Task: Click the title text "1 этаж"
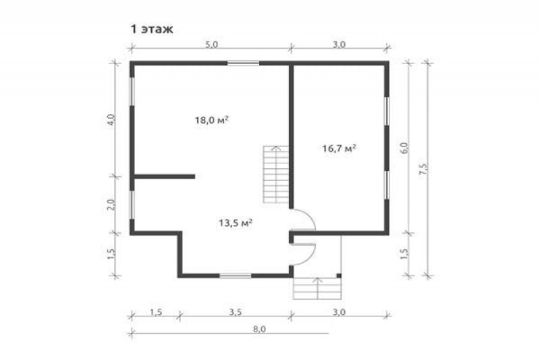(151, 30)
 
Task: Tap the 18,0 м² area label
(212, 120)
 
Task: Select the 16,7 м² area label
(339, 149)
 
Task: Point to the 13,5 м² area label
(236, 223)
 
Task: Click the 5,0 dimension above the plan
(212, 45)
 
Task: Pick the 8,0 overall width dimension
(259, 329)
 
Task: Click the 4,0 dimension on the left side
(111, 120)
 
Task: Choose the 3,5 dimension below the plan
(235, 312)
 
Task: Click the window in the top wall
(243, 63)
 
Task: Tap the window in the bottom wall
(236, 276)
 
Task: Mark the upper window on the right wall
(387, 111)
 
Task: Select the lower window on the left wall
(132, 205)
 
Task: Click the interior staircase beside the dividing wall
(276, 175)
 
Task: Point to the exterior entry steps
(317, 288)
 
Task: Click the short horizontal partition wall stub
(164, 176)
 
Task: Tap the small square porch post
(339, 276)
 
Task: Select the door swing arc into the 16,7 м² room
(309, 216)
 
